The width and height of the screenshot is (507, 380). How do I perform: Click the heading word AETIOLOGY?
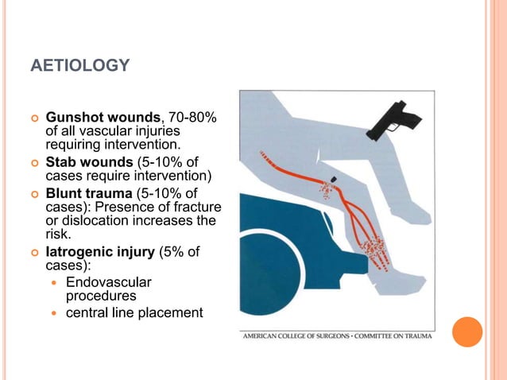79,65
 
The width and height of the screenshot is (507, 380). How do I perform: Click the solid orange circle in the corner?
467,332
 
